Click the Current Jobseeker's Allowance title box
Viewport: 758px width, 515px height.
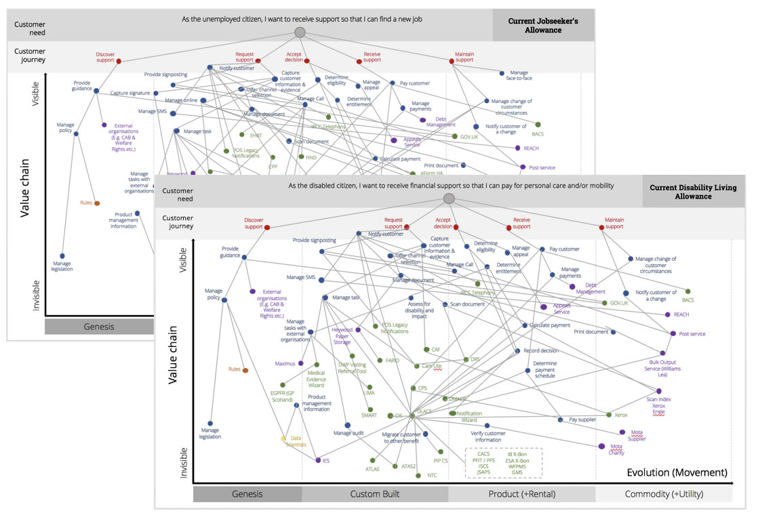pos(543,26)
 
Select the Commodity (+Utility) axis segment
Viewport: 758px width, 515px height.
pos(663,494)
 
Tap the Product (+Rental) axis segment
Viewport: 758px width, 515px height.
pos(521,494)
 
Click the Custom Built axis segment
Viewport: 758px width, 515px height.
pos(374,494)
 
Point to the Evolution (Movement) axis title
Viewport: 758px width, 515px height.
pos(677,472)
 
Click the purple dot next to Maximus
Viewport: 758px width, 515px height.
pos(300,363)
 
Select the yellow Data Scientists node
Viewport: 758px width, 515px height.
pos(284,438)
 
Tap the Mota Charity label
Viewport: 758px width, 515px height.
pos(616,449)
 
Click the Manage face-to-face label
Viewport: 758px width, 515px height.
pos(519,75)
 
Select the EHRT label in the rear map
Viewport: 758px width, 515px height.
pos(256,136)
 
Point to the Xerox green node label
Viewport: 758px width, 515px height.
pos(620,414)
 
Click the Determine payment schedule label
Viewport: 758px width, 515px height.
pos(544,369)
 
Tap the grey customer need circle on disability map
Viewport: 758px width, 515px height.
pos(448,199)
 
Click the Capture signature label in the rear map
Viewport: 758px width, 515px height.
pos(130,93)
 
